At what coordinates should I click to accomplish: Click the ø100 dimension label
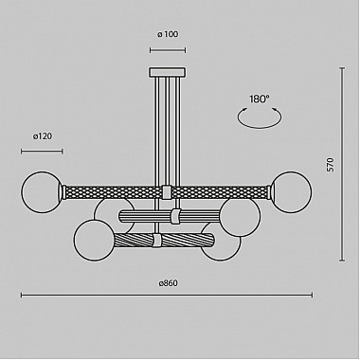click(x=168, y=36)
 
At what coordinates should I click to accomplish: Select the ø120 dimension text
click(x=42, y=136)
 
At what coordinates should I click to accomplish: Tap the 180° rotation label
click(x=259, y=98)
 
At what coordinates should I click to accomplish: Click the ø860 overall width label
click(x=168, y=283)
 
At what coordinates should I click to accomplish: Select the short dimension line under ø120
click(x=42, y=150)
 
